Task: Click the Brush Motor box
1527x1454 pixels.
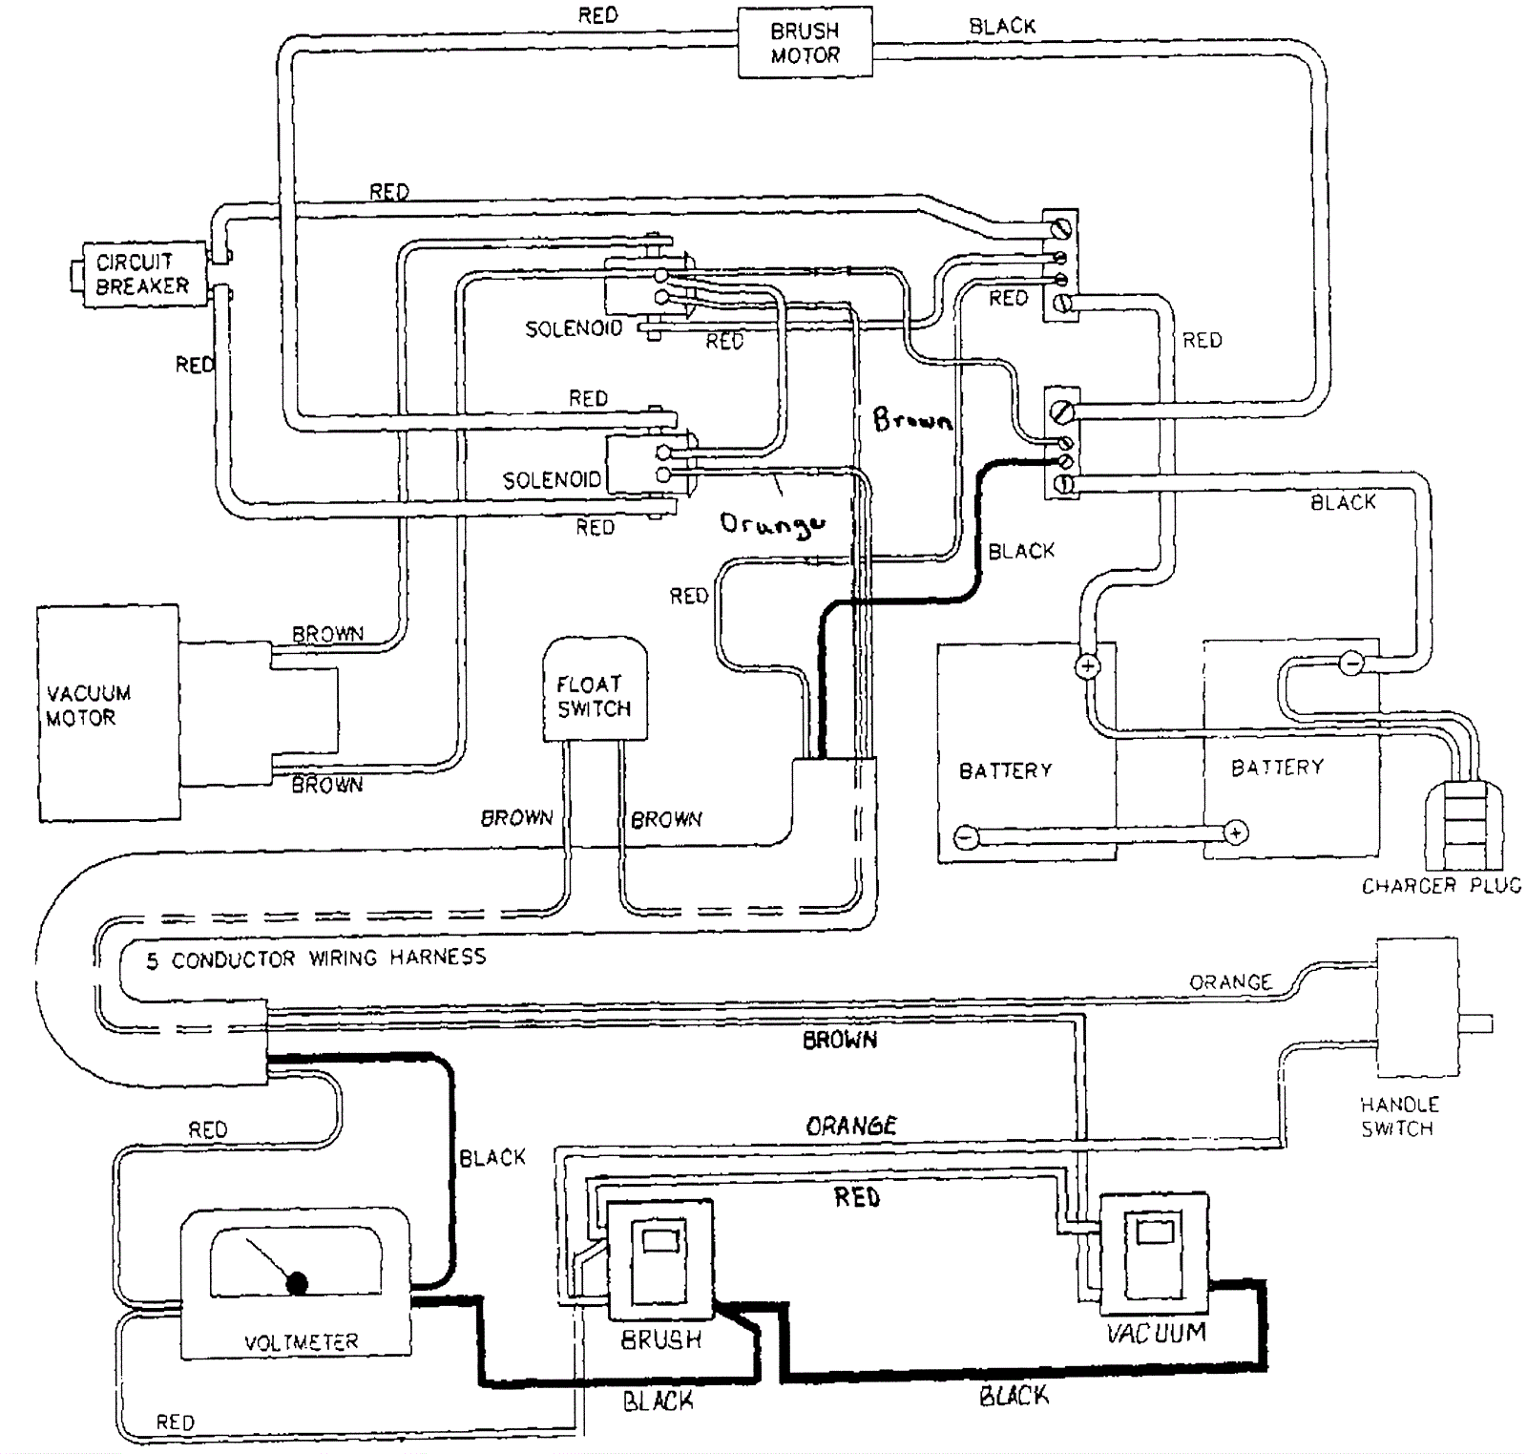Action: pyautogui.click(x=805, y=43)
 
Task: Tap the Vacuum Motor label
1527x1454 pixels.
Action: pyautogui.click(x=88, y=706)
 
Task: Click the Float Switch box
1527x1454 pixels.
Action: pyautogui.click(x=595, y=689)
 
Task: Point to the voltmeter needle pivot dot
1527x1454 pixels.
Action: pyautogui.click(x=298, y=1283)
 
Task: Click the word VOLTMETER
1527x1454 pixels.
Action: pyautogui.click(x=302, y=1342)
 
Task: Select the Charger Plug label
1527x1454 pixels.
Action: pyautogui.click(x=1441, y=886)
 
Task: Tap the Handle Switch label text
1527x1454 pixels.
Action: pyautogui.click(x=1399, y=1116)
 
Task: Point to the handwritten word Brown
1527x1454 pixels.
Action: pyautogui.click(x=912, y=419)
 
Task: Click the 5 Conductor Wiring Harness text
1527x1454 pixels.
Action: pyautogui.click(x=316, y=958)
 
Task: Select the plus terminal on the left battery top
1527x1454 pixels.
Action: pyautogui.click(x=1088, y=666)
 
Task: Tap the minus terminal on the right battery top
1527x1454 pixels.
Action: pyautogui.click(x=1351, y=663)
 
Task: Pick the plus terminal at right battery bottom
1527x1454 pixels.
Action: pyautogui.click(x=1236, y=832)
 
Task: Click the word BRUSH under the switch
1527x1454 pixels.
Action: pyautogui.click(x=661, y=1340)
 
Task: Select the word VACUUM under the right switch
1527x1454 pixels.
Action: pyautogui.click(x=1156, y=1333)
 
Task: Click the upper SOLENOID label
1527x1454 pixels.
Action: pyautogui.click(x=574, y=328)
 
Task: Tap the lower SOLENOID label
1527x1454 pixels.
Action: pyautogui.click(x=552, y=479)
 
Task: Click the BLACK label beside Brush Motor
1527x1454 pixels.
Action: pyautogui.click(x=1002, y=27)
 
